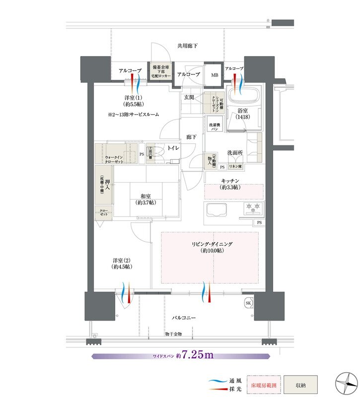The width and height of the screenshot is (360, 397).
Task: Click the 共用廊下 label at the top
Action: click(187, 46)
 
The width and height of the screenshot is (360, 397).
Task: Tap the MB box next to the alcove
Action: click(215, 75)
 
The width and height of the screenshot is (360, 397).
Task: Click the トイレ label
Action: click(174, 148)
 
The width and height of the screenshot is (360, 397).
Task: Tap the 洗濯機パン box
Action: click(214, 127)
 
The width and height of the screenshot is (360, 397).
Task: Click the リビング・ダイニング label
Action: click(213, 248)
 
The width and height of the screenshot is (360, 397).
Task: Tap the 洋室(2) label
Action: click(121, 263)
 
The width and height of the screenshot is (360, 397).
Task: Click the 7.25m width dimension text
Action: click(197, 355)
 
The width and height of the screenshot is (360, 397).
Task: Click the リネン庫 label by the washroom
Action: click(235, 168)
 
